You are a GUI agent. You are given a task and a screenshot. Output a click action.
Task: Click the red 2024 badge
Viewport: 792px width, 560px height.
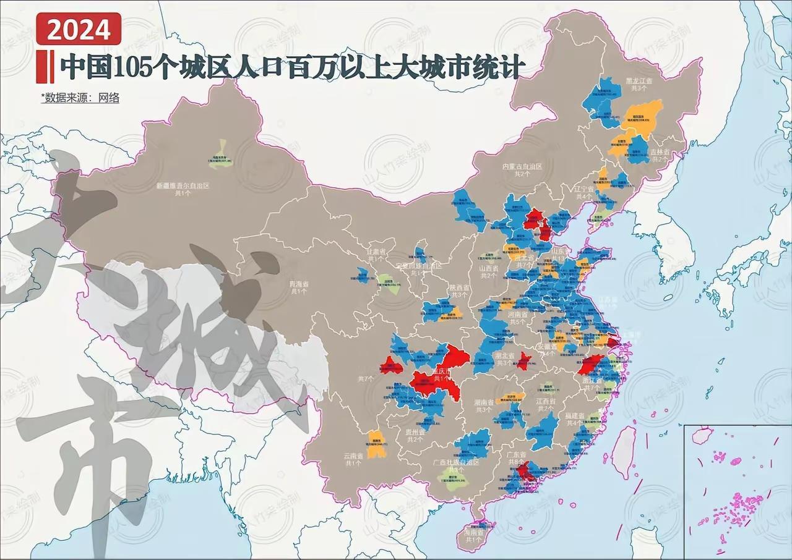click(78, 29)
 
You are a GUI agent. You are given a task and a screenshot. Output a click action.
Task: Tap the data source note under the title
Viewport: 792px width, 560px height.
click(80, 97)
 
